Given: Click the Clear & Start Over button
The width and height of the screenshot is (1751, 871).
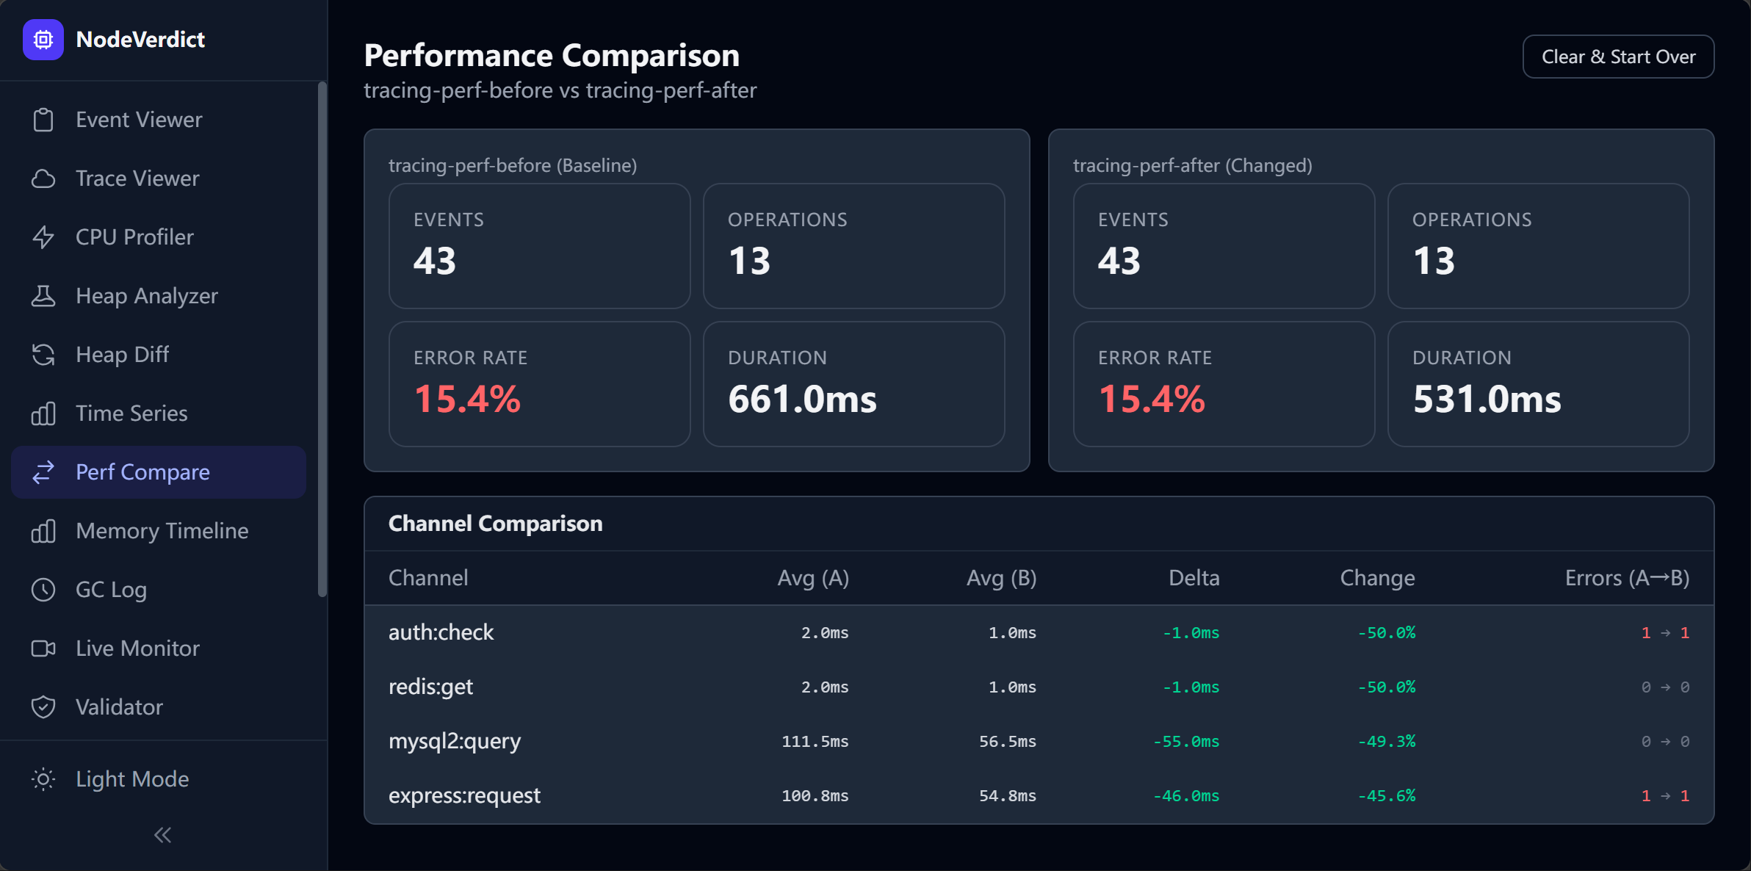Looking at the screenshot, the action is point(1618,57).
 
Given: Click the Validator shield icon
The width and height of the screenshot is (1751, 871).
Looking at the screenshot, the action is point(43,707).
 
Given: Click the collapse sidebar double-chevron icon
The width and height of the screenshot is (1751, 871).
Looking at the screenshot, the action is point(163,835).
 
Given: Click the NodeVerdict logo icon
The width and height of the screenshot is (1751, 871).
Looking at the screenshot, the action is point(43,40).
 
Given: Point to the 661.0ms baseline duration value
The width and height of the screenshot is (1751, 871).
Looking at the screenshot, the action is point(802,400).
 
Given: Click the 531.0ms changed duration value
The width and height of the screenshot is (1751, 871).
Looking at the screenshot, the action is point(1487,400).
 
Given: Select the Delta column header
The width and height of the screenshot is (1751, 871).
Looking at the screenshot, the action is point(1194,578).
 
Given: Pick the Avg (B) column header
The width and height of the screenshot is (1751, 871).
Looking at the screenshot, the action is point(1001,578).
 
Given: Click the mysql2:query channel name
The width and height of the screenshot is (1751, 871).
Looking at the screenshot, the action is point(455,742).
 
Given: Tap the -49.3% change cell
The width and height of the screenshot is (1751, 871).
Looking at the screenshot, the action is point(1386,742).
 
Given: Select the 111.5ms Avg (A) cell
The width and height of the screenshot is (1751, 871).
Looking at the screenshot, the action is point(815,742).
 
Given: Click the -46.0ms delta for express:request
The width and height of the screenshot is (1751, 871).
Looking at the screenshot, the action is point(1185,796).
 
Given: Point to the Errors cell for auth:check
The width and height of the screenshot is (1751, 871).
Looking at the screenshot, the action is point(1665,633).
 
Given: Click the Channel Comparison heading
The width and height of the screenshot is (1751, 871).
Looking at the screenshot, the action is point(495,524).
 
